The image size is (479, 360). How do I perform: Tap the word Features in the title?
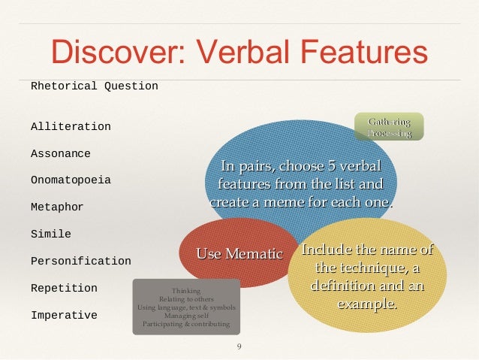pyautogui.click(x=364, y=51)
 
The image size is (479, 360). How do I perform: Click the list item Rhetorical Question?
pyautogui.click(x=94, y=86)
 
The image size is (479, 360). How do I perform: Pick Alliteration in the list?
pyautogui.click(x=71, y=127)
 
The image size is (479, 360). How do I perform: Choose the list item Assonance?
pyautogui.click(x=60, y=154)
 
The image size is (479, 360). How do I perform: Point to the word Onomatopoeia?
pyautogui.click(x=71, y=181)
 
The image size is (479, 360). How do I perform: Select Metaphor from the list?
pyautogui.click(x=57, y=207)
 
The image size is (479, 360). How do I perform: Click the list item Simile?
pyautogui.click(x=50, y=234)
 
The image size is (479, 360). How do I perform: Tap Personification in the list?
pyautogui.click(x=80, y=262)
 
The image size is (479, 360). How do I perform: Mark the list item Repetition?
pyautogui.click(x=64, y=289)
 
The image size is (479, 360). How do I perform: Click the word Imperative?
pyautogui.click(x=64, y=316)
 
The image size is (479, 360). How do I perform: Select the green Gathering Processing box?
pyautogui.click(x=389, y=127)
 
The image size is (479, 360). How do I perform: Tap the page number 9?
pyautogui.click(x=239, y=346)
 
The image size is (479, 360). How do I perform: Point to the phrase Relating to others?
pyautogui.click(x=186, y=299)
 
